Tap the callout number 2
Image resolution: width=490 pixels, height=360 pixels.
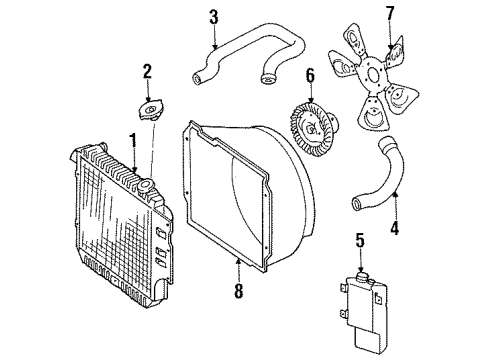(146, 71)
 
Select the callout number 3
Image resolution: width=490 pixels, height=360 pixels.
(213, 17)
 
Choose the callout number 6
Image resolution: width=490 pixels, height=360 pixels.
(310, 75)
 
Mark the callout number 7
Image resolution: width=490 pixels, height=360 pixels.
(390, 13)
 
